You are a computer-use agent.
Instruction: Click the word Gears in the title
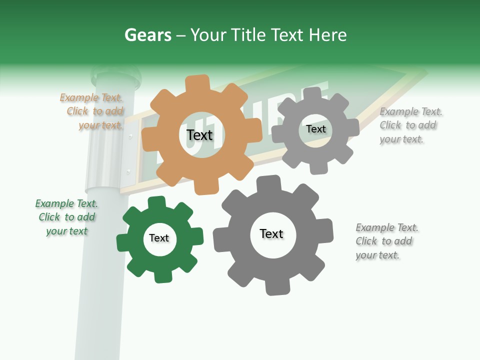coord(148,35)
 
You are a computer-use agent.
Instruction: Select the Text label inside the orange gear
coord(199,135)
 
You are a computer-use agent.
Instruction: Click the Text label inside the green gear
coord(159,238)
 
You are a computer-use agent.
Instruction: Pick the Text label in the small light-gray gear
coord(315,129)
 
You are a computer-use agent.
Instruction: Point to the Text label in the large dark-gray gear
coord(271,233)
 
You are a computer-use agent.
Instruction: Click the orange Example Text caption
coord(92,111)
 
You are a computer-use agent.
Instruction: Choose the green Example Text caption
coord(66,217)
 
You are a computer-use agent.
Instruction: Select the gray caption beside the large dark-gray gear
coord(386,241)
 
